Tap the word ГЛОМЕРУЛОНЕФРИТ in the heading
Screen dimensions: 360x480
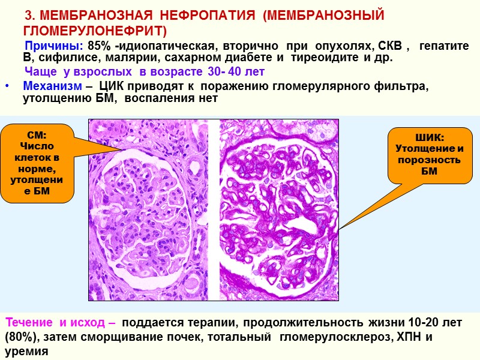[94, 31]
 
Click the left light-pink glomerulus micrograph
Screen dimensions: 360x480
[149, 210]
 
